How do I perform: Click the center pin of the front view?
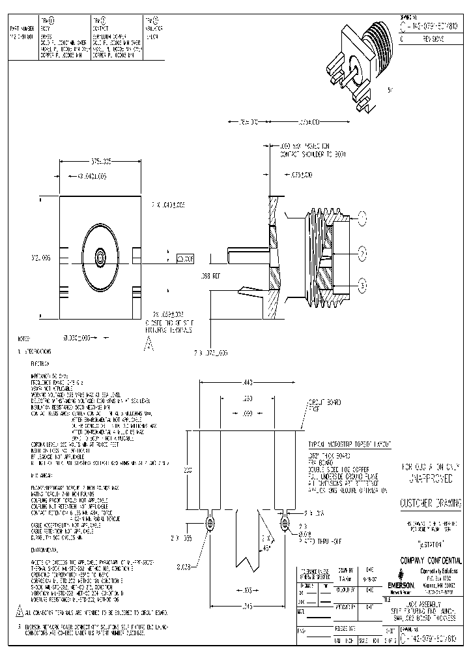100,258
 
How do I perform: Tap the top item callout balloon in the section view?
362,218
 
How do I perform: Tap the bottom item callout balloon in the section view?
362,282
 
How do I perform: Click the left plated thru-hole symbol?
210,522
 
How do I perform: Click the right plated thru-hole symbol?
285,522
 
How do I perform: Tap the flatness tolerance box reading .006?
185,258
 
